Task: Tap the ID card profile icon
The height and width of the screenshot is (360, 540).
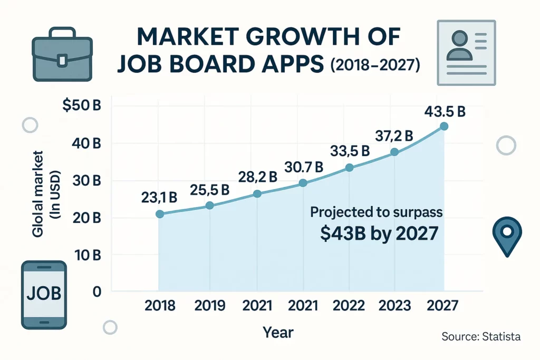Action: click(466, 52)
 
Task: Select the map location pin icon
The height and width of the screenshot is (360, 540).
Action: click(506, 237)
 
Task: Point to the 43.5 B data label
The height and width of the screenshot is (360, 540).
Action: click(444, 112)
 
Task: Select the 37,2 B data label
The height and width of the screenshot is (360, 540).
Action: click(394, 135)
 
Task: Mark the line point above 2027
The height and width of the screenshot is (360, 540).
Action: click(444, 127)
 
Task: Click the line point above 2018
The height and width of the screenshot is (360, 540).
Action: click(160, 214)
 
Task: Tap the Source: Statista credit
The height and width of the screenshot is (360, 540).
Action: click(480, 337)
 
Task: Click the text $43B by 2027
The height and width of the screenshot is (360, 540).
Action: click(379, 233)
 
